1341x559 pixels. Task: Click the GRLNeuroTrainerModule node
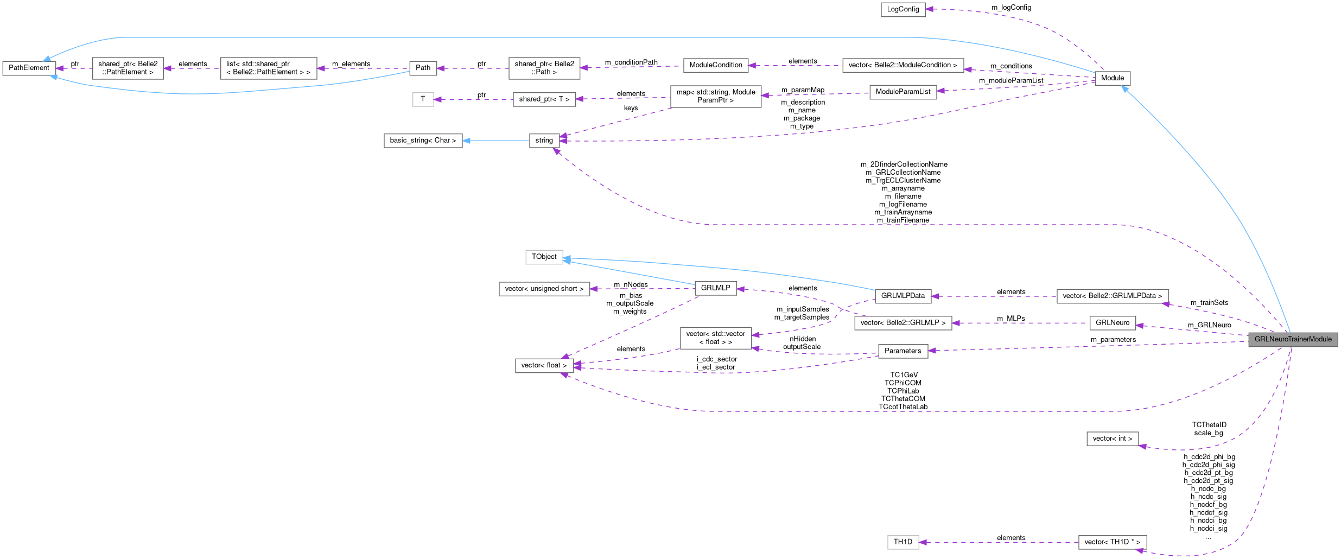tap(1293, 339)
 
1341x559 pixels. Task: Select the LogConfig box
tap(903, 9)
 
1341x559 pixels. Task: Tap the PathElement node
tap(29, 68)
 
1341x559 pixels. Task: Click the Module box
tap(1112, 78)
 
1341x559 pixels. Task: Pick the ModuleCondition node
tap(715, 65)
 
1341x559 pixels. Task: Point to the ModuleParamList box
tap(903, 92)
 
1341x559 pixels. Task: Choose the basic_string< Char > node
tap(423, 141)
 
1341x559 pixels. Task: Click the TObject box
tap(544, 257)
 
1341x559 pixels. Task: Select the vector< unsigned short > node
tap(544, 289)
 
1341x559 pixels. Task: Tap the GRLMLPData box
tap(903, 296)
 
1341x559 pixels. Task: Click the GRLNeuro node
tap(1112, 323)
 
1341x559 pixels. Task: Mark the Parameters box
tap(903, 351)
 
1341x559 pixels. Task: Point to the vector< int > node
tap(1112, 439)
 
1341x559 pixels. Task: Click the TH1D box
tap(903, 542)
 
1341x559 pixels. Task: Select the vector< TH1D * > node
tap(1112, 542)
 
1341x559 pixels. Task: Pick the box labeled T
tap(423, 99)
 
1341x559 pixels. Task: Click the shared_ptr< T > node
tap(544, 99)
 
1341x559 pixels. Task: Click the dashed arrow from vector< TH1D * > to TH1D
tap(999, 542)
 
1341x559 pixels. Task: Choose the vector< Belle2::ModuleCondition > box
tap(903, 65)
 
